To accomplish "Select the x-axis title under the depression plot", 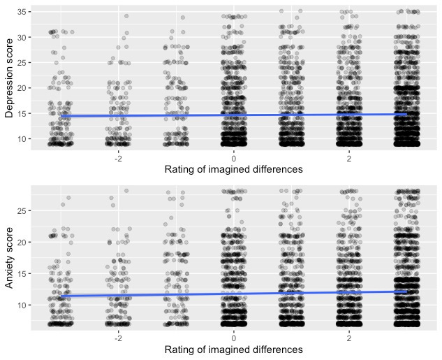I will [233, 169].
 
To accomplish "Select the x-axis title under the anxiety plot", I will [233, 350].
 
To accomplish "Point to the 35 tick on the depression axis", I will [22, 12].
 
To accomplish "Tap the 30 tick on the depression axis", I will [22, 37].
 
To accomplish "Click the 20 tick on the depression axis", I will [22, 88].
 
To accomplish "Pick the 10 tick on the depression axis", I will [22, 139].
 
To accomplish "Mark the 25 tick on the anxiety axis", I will [22, 210].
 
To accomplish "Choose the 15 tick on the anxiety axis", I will [22, 273].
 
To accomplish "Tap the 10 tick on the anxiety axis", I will [22, 305].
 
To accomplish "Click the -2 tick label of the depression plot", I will [117, 157].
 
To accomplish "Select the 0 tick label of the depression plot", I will [234, 157].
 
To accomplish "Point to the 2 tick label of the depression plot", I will [348, 157].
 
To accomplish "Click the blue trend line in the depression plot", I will [233, 115].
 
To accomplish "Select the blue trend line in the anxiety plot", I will [233, 294].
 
